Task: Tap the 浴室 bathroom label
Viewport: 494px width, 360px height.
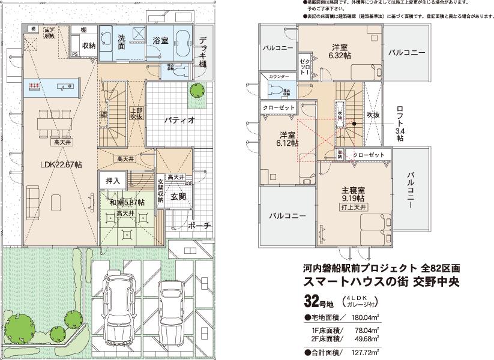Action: (160, 41)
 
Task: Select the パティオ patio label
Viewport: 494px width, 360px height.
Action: (179, 119)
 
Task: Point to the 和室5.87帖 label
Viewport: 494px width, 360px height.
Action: (127, 202)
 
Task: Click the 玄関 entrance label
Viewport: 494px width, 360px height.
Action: (178, 196)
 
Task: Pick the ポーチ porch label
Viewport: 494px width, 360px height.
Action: (199, 226)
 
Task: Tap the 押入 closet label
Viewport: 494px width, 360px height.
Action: (113, 180)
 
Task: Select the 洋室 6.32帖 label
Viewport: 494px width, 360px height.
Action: (340, 52)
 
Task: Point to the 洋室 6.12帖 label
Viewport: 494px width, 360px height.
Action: (286, 139)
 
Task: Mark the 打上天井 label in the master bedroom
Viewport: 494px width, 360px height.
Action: (353, 208)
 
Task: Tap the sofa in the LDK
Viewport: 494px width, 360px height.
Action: (33, 197)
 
